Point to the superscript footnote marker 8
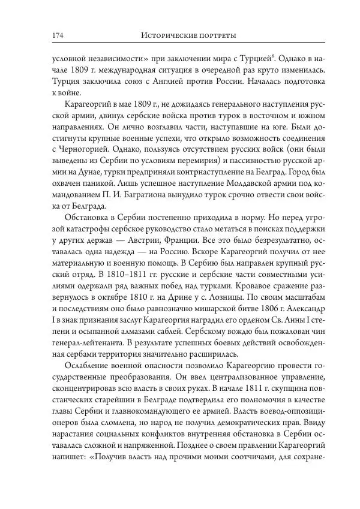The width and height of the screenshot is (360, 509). click(274, 57)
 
